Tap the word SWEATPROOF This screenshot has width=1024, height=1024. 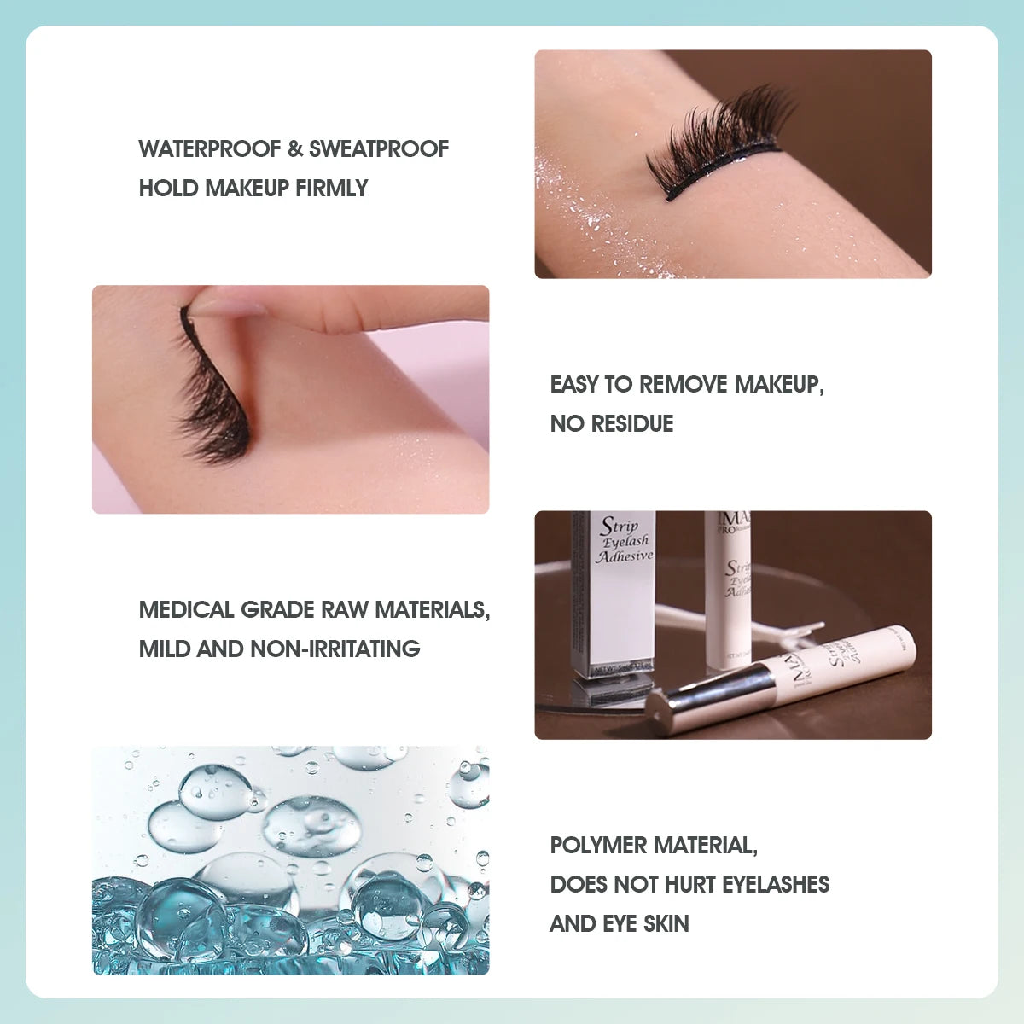tap(378, 149)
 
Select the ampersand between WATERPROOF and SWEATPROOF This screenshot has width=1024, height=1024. tap(295, 149)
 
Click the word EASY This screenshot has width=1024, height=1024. tap(574, 385)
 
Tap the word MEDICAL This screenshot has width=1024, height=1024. tap(186, 610)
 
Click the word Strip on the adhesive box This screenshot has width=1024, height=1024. tap(619, 526)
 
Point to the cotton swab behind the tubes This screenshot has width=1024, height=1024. tap(768, 631)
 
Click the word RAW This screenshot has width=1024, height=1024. tap(346, 610)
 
